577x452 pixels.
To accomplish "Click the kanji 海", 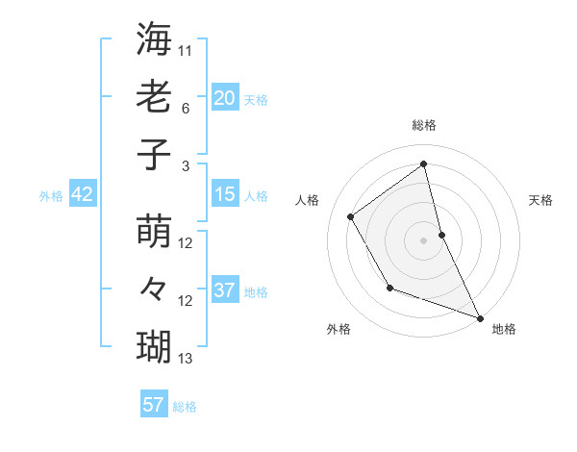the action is coord(155,39).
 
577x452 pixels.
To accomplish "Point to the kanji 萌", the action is coord(155,232).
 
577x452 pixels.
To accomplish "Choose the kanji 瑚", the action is coord(155,344).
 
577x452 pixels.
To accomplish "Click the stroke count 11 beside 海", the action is coord(187,50).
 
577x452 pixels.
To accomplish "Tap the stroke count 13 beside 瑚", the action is coord(186,359).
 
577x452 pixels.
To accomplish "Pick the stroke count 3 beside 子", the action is coord(187,165).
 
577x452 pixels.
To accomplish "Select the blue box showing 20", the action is coord(225,97).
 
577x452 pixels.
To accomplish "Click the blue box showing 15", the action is coord(225,194).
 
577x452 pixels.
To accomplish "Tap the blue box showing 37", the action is coord(225,290).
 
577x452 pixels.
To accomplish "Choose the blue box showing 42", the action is coord(83,194).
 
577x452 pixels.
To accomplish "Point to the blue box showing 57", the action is coord(154,405).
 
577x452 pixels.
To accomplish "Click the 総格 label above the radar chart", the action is coord(423,125).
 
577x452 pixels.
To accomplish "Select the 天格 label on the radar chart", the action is coord(540,200).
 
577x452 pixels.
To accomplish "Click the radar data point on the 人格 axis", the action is coord(351,216).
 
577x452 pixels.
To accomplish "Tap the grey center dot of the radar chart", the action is coord(423,239).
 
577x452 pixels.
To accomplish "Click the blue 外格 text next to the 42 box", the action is coord(51,196).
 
